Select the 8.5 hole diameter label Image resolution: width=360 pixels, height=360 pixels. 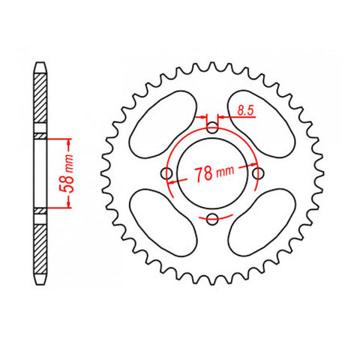245,111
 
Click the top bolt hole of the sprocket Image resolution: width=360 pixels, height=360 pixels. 213,128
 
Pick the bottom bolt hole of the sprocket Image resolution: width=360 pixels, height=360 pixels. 213,218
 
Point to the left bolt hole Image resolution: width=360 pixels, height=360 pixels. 168,174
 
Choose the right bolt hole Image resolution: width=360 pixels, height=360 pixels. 259,174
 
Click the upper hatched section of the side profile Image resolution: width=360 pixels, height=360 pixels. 39,101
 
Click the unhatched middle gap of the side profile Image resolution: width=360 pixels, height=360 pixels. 39,173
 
